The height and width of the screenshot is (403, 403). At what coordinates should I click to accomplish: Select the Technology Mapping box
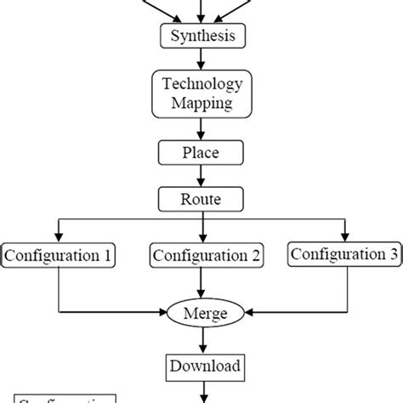[201, 94]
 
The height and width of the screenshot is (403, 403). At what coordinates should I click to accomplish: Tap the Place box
[201, 153]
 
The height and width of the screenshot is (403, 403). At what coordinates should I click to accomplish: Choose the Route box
[201, 201]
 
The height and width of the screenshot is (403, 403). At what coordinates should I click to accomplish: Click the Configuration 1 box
[58, 254]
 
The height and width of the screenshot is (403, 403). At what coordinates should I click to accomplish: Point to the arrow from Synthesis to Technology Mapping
[201, 59]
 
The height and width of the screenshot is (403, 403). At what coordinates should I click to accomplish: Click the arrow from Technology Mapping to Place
[201, 128]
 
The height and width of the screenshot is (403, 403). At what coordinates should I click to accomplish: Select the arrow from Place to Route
[201, 177]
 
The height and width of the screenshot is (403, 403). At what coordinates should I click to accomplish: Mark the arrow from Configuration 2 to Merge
[201, 282]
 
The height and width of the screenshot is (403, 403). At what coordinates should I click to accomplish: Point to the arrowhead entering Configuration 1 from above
[58, 237]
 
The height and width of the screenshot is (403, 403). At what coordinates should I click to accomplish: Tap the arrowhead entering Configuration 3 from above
[344, 236]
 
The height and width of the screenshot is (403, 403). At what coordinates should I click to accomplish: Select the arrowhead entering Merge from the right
[241, 313]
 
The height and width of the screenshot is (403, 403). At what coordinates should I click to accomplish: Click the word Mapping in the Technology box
[201, 105]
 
